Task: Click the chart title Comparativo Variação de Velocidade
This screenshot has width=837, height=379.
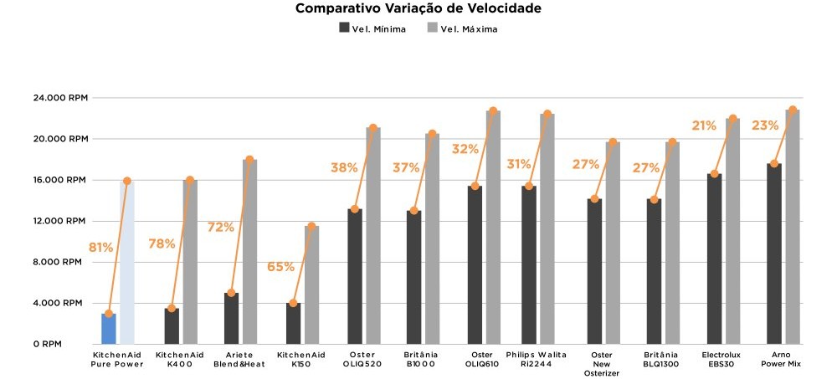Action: pyautogui.click(x=418, y=9)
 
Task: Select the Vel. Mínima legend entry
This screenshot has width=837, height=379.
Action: pyautogui.click(x=372, y=28)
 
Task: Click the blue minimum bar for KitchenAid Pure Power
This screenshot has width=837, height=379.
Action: pyautogui.click(x=109, y=329)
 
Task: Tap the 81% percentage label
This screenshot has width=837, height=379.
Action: pyautogui.click(x=101, y=247)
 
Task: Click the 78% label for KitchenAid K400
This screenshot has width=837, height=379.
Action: pyautogui.click(x=162, y=243)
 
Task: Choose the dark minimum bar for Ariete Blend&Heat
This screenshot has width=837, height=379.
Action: pyautogui.click(x=231, y=319)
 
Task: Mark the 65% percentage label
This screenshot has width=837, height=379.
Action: pyautogui.click(x=280, y=267)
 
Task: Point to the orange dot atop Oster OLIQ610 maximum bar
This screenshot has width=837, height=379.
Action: pyautogui.click(x=493, y=110)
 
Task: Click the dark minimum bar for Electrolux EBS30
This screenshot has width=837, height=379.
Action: pyautogui.click(x=714, y=259)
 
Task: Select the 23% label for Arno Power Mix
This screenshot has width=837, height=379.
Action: pyautogui.click(x=764, y=125)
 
